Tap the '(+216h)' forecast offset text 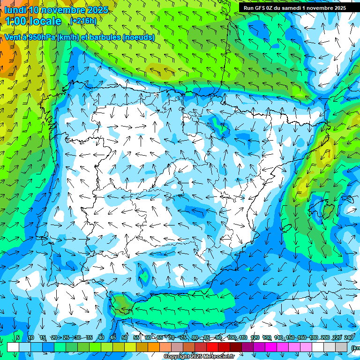point(83,21)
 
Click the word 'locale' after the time point(45,21)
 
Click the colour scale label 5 point(17,337)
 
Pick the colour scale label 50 point(125,337)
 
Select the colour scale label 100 point(232,337)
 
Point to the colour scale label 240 point(348,337)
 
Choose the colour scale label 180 point(313,337)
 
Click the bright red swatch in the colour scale point(212,347)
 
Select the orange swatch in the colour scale point(154,347)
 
